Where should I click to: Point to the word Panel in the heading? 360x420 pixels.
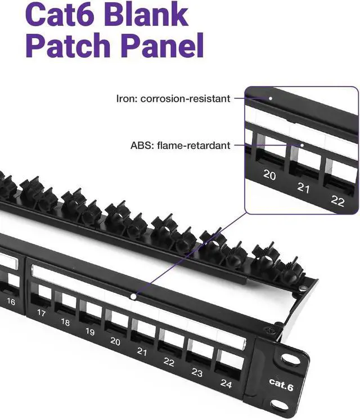click(x=160, y=47)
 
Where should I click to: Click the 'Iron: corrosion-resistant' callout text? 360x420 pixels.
click(x=173, y=98)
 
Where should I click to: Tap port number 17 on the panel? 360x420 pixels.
click(x=41, y=313)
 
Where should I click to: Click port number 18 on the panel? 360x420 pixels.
click(x=65, y=322)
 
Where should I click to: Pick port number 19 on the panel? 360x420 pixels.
click(x=90, y=332)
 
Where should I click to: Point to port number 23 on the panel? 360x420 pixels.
click(x=196, y=372)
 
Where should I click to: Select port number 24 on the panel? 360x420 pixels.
click(x=226, y=384)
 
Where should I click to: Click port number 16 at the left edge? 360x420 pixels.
click(x=11, y=301)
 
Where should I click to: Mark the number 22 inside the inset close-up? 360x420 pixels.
click(x=337, y=201)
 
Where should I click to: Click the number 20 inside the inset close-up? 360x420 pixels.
click(x=269, y=175)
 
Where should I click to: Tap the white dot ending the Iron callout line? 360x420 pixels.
click(x=271, y=98)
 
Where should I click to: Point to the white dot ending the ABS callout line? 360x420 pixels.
click(x=302, y=145)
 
